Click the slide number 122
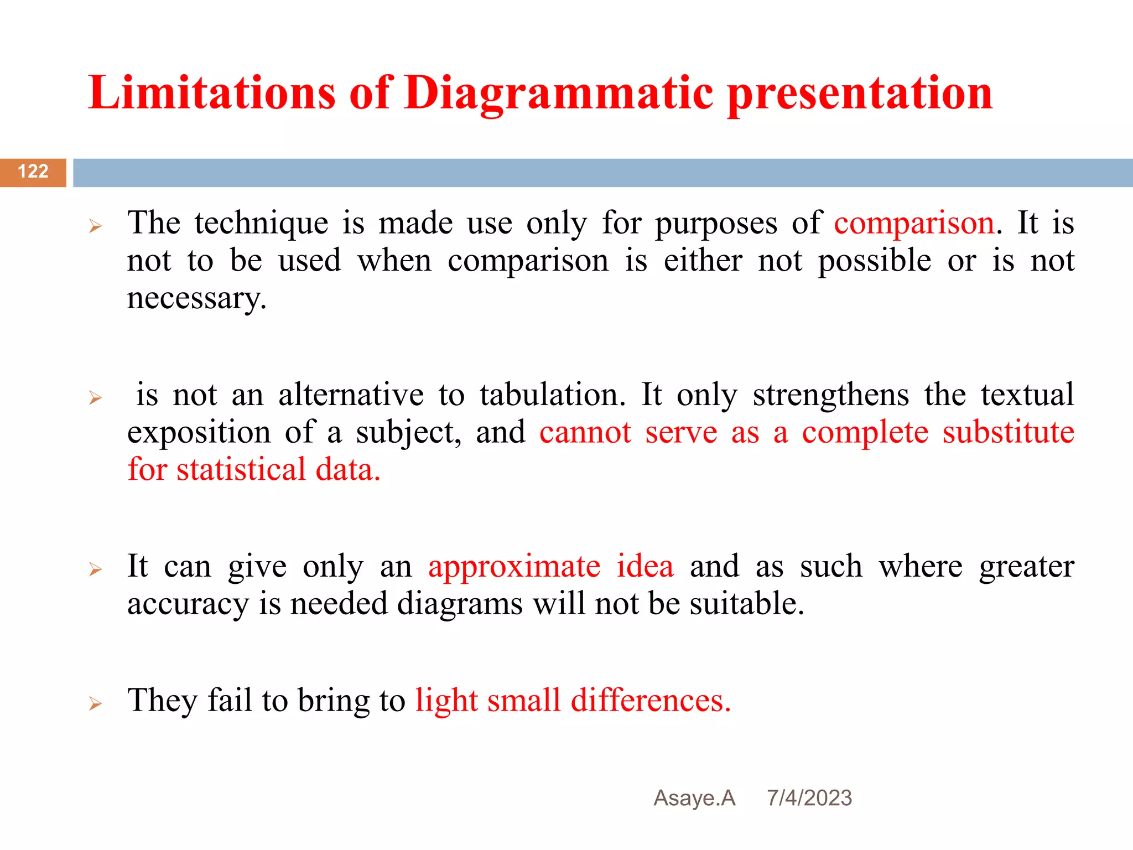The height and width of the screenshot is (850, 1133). (x=33, y=172)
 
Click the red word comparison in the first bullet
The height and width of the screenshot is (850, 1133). (x=914, y=224)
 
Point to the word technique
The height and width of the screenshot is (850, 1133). (x=261, y=224)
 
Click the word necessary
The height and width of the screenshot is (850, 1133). (x=196, y=299)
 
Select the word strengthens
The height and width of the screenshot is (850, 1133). (x=830, y=395)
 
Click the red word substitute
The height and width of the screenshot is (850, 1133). (x=1008, y=432)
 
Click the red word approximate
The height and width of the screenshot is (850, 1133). (x=514, y=566)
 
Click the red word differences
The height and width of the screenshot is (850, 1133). (x=651, y=701)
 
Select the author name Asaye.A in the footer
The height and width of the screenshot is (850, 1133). (x=694, y=798)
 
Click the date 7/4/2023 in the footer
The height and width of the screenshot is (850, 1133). (x=809, y=798)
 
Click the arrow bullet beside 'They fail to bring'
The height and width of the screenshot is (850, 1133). (x=95, y=704)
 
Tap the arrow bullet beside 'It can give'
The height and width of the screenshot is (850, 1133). (x=95, y=569)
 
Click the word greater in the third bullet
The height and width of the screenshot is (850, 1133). (x=1026, y=567)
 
